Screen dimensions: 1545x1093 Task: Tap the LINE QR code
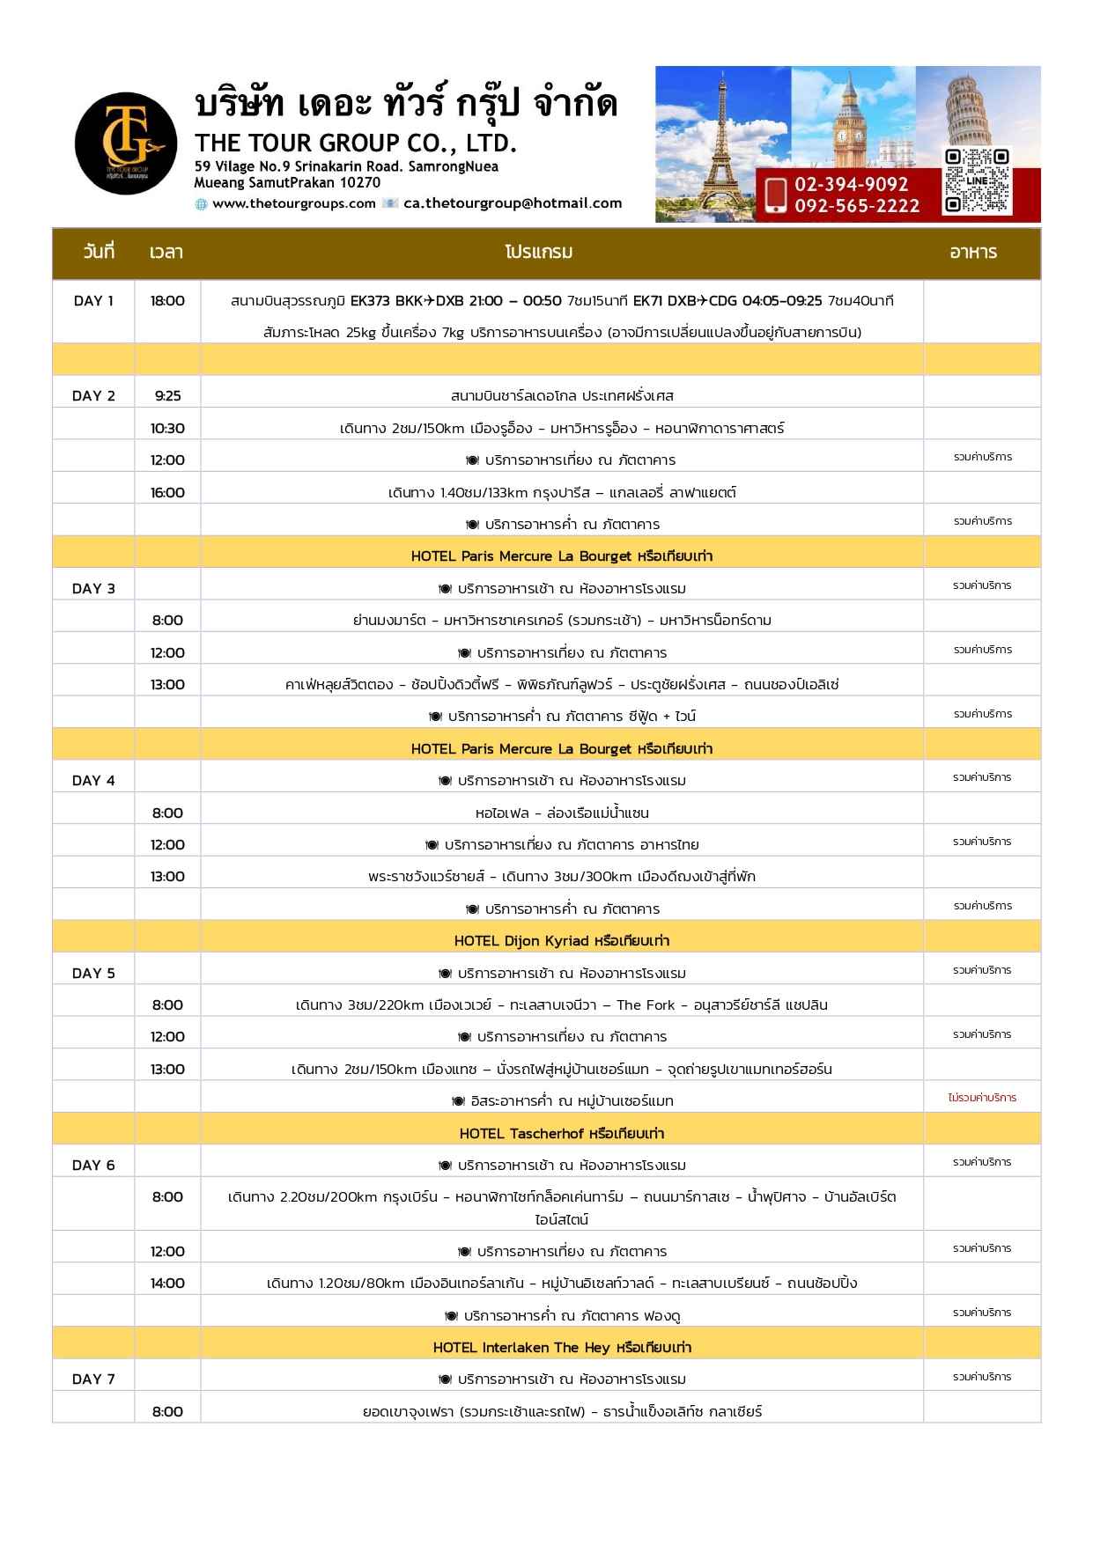coord(976,181)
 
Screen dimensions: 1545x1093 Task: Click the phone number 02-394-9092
coord(851,184)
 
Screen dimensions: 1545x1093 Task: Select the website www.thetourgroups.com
coord(294,203)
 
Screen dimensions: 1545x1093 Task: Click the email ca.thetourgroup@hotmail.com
coord(513,203)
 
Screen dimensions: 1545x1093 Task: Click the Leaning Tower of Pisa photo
coord(976,106)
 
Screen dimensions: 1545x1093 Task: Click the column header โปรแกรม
coord(539,253)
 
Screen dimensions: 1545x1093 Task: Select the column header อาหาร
coord(973,253)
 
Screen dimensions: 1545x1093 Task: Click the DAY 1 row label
coord(93,301)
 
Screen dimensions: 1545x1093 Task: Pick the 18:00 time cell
coord(167,301)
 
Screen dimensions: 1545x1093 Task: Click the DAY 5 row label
coord(93,973)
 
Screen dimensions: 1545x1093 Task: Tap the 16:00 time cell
coord(167,492)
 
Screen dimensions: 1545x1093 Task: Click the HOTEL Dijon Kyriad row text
coord(562,940)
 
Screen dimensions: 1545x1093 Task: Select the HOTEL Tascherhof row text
coord(562,1133)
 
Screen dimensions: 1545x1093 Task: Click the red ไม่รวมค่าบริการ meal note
coord(982,1098)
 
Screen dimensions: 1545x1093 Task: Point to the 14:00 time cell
coord(167,1283)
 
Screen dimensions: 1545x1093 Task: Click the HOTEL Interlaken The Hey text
coord(562,1347)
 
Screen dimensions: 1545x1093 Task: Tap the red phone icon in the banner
coord(776,195)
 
